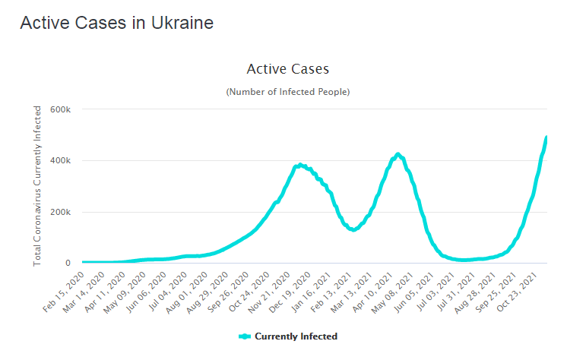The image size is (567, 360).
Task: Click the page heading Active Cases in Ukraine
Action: pyautogui.click(x=116, y=23)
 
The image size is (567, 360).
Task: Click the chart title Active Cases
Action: pyautogui.click(x=287, y=69)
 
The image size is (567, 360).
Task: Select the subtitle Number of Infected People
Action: pyautogui.click(x=287, y=92)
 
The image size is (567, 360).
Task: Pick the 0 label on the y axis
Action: pyautogui.click(x=68, y=264)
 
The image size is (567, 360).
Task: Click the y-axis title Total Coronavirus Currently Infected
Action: pyautogui.click(x=37, y=186)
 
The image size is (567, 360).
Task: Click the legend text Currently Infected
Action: pyautogui.click(x=296, y=336)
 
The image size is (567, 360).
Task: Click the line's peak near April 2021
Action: pyautogui.click(x=398, y=154)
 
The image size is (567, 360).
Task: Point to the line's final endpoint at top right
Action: pyautogui.click(x=546, y=137)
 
